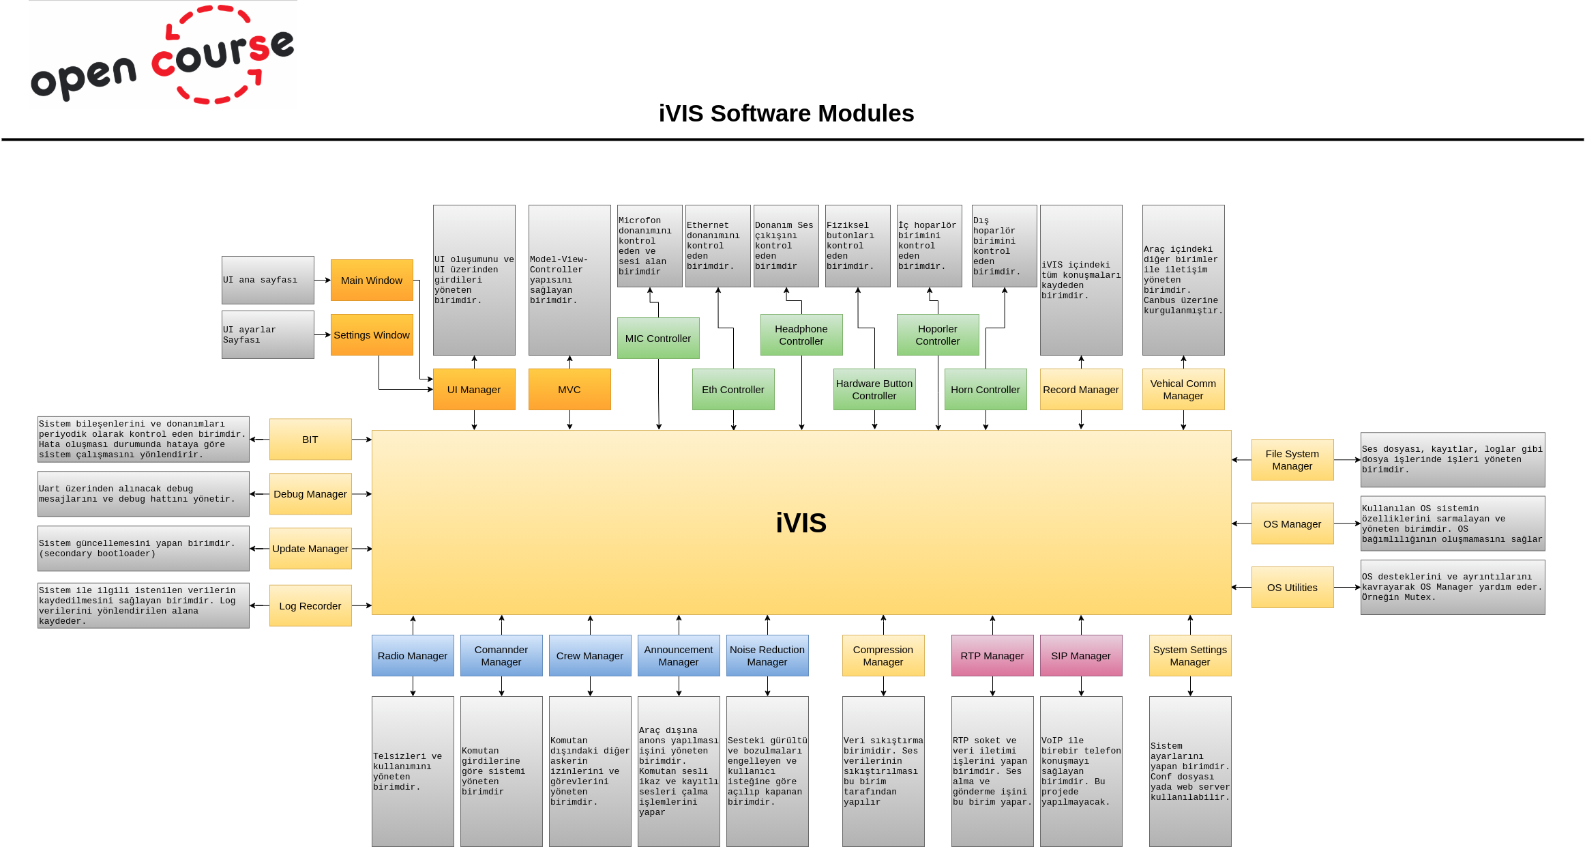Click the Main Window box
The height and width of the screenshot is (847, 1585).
coord(372,280)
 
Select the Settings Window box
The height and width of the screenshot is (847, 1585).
coord(372,334)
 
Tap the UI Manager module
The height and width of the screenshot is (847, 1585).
coord(474,389)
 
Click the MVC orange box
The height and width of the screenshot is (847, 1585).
coord(569,389)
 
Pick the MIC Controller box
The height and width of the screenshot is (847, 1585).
coord(658,338)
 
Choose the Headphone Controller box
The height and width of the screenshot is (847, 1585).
coord(801,334)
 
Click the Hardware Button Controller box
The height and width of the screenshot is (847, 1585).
coord(874,389)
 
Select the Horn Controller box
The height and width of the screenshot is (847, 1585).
coord(986,389)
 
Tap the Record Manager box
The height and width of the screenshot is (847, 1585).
coord(1081,389)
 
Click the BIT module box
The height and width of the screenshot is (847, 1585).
coord(310,439)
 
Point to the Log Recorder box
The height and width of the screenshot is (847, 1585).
coord(310,605)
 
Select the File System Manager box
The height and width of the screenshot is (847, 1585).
coord(1292,459)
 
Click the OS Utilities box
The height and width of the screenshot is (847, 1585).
coord(1292,587)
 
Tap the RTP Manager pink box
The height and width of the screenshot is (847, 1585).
coord(992,655)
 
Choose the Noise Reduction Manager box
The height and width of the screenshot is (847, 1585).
coord(767,655)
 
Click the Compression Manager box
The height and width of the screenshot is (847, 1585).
coord(883,655)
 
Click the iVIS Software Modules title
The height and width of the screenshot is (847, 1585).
coord(786,113)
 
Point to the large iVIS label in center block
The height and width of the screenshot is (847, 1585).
coord(801,523)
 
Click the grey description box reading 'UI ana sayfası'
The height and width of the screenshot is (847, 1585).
coord(267,280)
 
